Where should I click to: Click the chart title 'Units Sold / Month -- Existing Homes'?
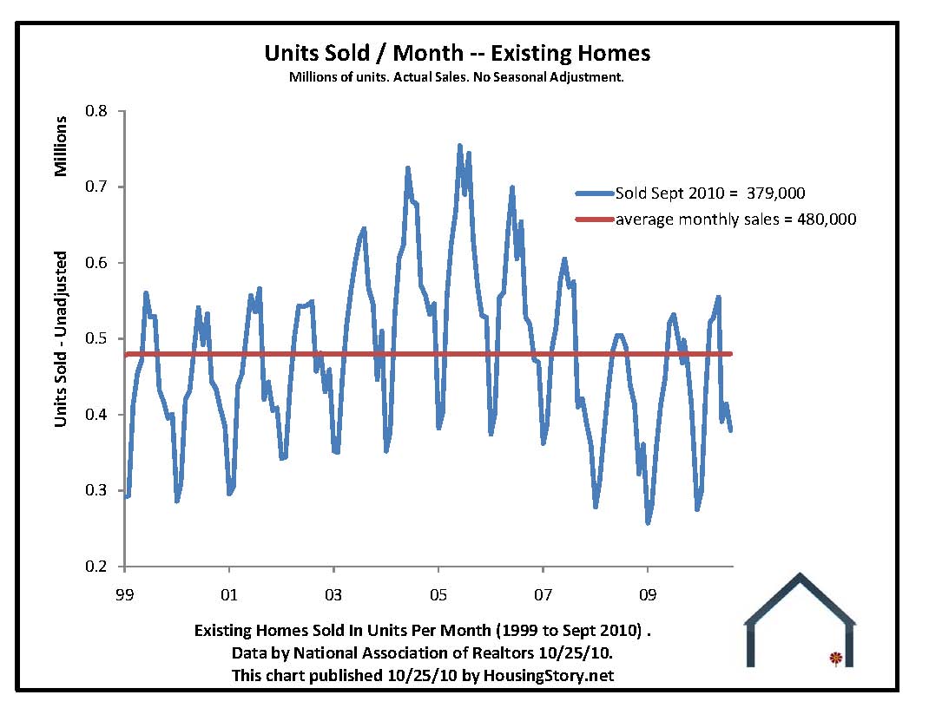(x=457, y=53)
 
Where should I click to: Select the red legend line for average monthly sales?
(x=594, y=220)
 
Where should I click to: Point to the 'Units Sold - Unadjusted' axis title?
(x=61, y=339)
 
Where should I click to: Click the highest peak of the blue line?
(x=460, y=146)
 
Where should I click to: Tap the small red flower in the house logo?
(x=835, y=659)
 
